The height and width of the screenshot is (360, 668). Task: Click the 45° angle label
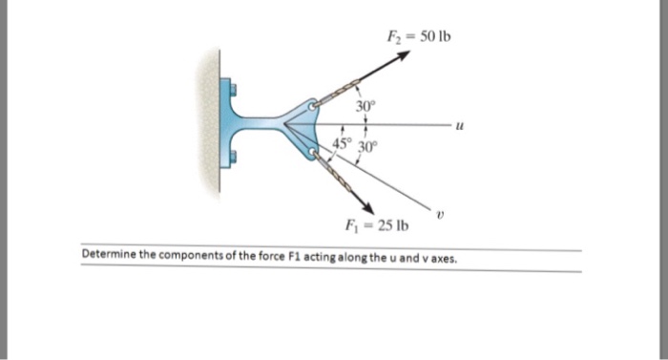pyautogui.click(x=340, y=144)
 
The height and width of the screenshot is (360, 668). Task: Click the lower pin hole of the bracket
pyautogui.click(x=312, y=154)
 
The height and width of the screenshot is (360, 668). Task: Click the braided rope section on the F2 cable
pyautogui.click(x=336, y=94)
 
